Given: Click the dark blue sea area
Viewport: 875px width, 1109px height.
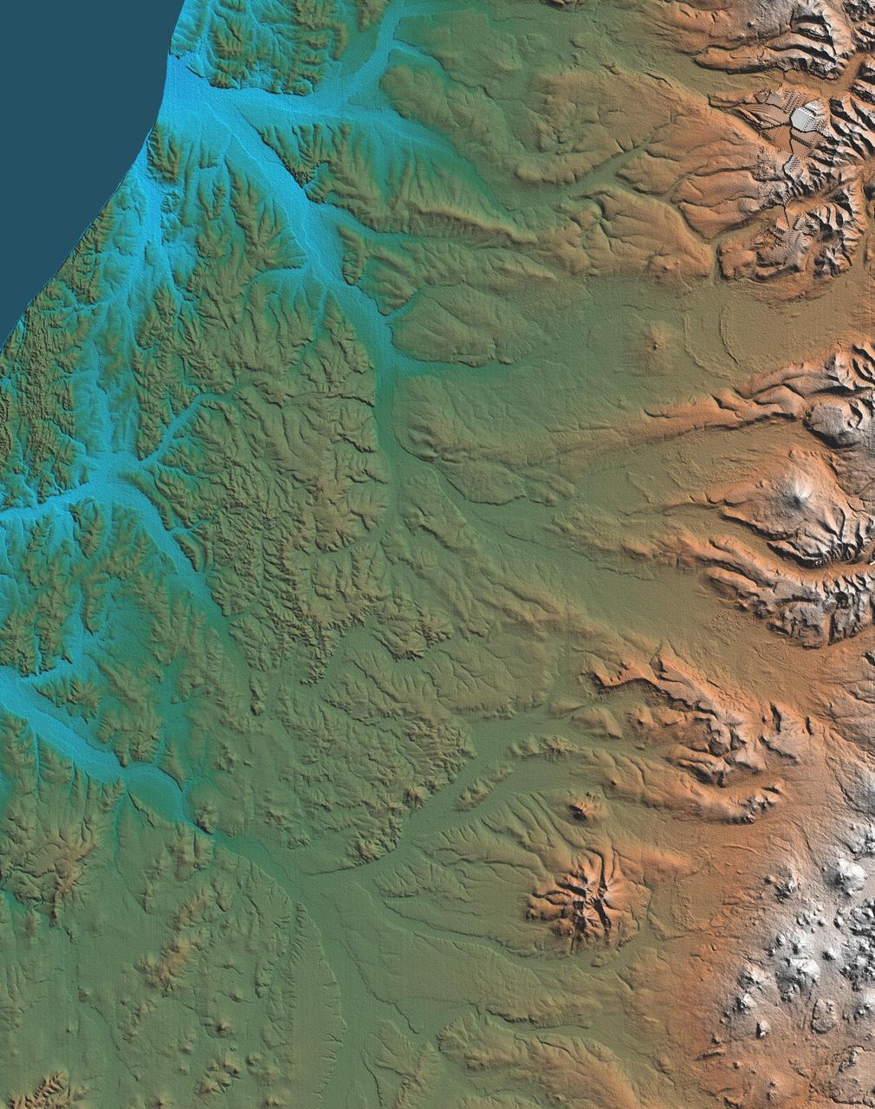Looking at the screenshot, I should point(69,130).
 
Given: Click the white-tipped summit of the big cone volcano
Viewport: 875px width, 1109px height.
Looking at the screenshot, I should point(798,496).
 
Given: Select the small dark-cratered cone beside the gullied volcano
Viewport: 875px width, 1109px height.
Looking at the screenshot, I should point(579,811).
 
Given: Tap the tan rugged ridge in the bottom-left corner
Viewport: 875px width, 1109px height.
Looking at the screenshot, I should point(48,1087).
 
